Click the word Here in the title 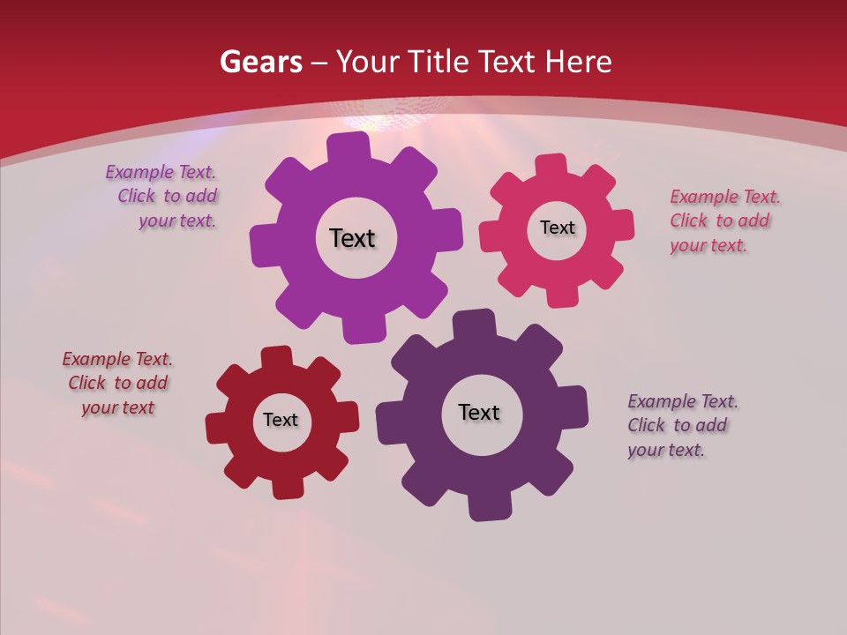[x=578, y=62]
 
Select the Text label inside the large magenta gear [x=352, y=238]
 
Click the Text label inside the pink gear [x=557, y=228]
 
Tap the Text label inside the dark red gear [x=281, y=420]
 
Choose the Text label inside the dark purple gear [x=479, y=412]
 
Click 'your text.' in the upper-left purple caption [x=177, y=220]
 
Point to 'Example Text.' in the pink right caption [x=725, y=197]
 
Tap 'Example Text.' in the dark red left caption [x=117, y=359]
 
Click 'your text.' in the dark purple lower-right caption [x=666, y=450]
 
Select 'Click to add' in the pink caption [x=719, y=220]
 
